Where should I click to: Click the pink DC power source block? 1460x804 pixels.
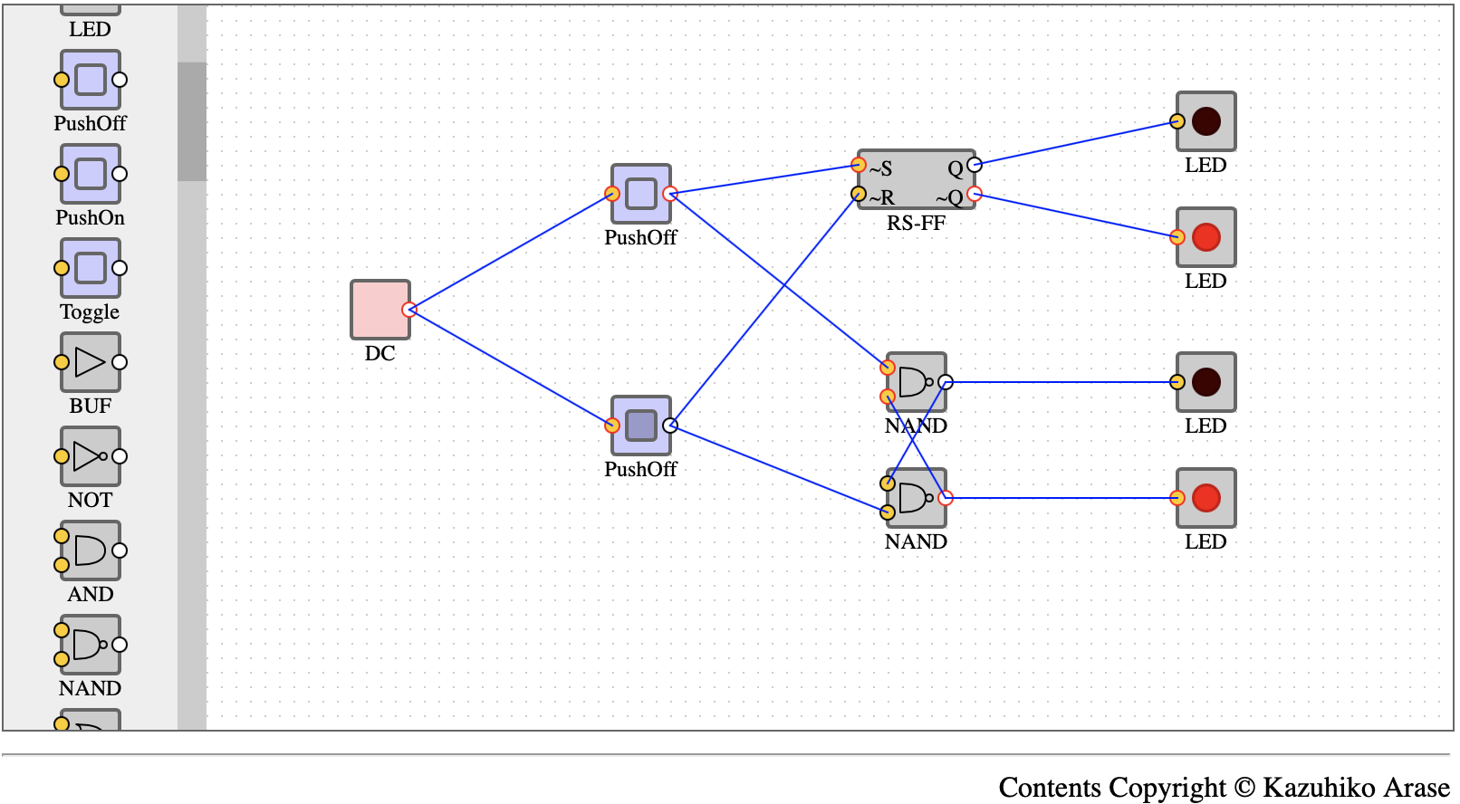(x=380, y=310)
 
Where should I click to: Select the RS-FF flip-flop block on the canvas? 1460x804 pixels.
(x=916, y=179)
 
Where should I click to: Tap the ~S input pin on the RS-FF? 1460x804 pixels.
(x=859, y=165)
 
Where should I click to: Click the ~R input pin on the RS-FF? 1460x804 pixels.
(x=859, y=194)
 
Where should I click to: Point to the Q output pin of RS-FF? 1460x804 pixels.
(x=975, y=165)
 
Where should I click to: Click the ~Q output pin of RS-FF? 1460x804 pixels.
(x=975, y=194)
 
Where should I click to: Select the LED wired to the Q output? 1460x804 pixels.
(x=1205, y=121)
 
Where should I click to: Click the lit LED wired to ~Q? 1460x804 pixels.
(x=1205, y=237)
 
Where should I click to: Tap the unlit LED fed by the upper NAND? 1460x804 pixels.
(x=1205, y=382)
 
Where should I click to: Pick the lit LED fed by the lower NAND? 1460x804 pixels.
(x=1205, y=498)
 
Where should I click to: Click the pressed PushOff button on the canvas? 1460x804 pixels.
(x=640, y=426)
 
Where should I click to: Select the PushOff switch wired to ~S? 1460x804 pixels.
(x=640, y=194)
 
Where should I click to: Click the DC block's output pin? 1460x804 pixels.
(x=408, y=310)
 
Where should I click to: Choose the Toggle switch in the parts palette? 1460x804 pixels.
(x=90, y=268)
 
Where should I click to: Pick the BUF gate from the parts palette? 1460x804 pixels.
(x=90, y=362)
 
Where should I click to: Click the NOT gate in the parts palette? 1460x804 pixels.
(x=90, y=456)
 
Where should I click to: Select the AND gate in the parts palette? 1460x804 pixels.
(x=90, y=550)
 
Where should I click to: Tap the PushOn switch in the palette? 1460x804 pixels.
(x=90, y=174)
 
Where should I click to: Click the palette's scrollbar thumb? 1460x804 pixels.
(x=192, y=121)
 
